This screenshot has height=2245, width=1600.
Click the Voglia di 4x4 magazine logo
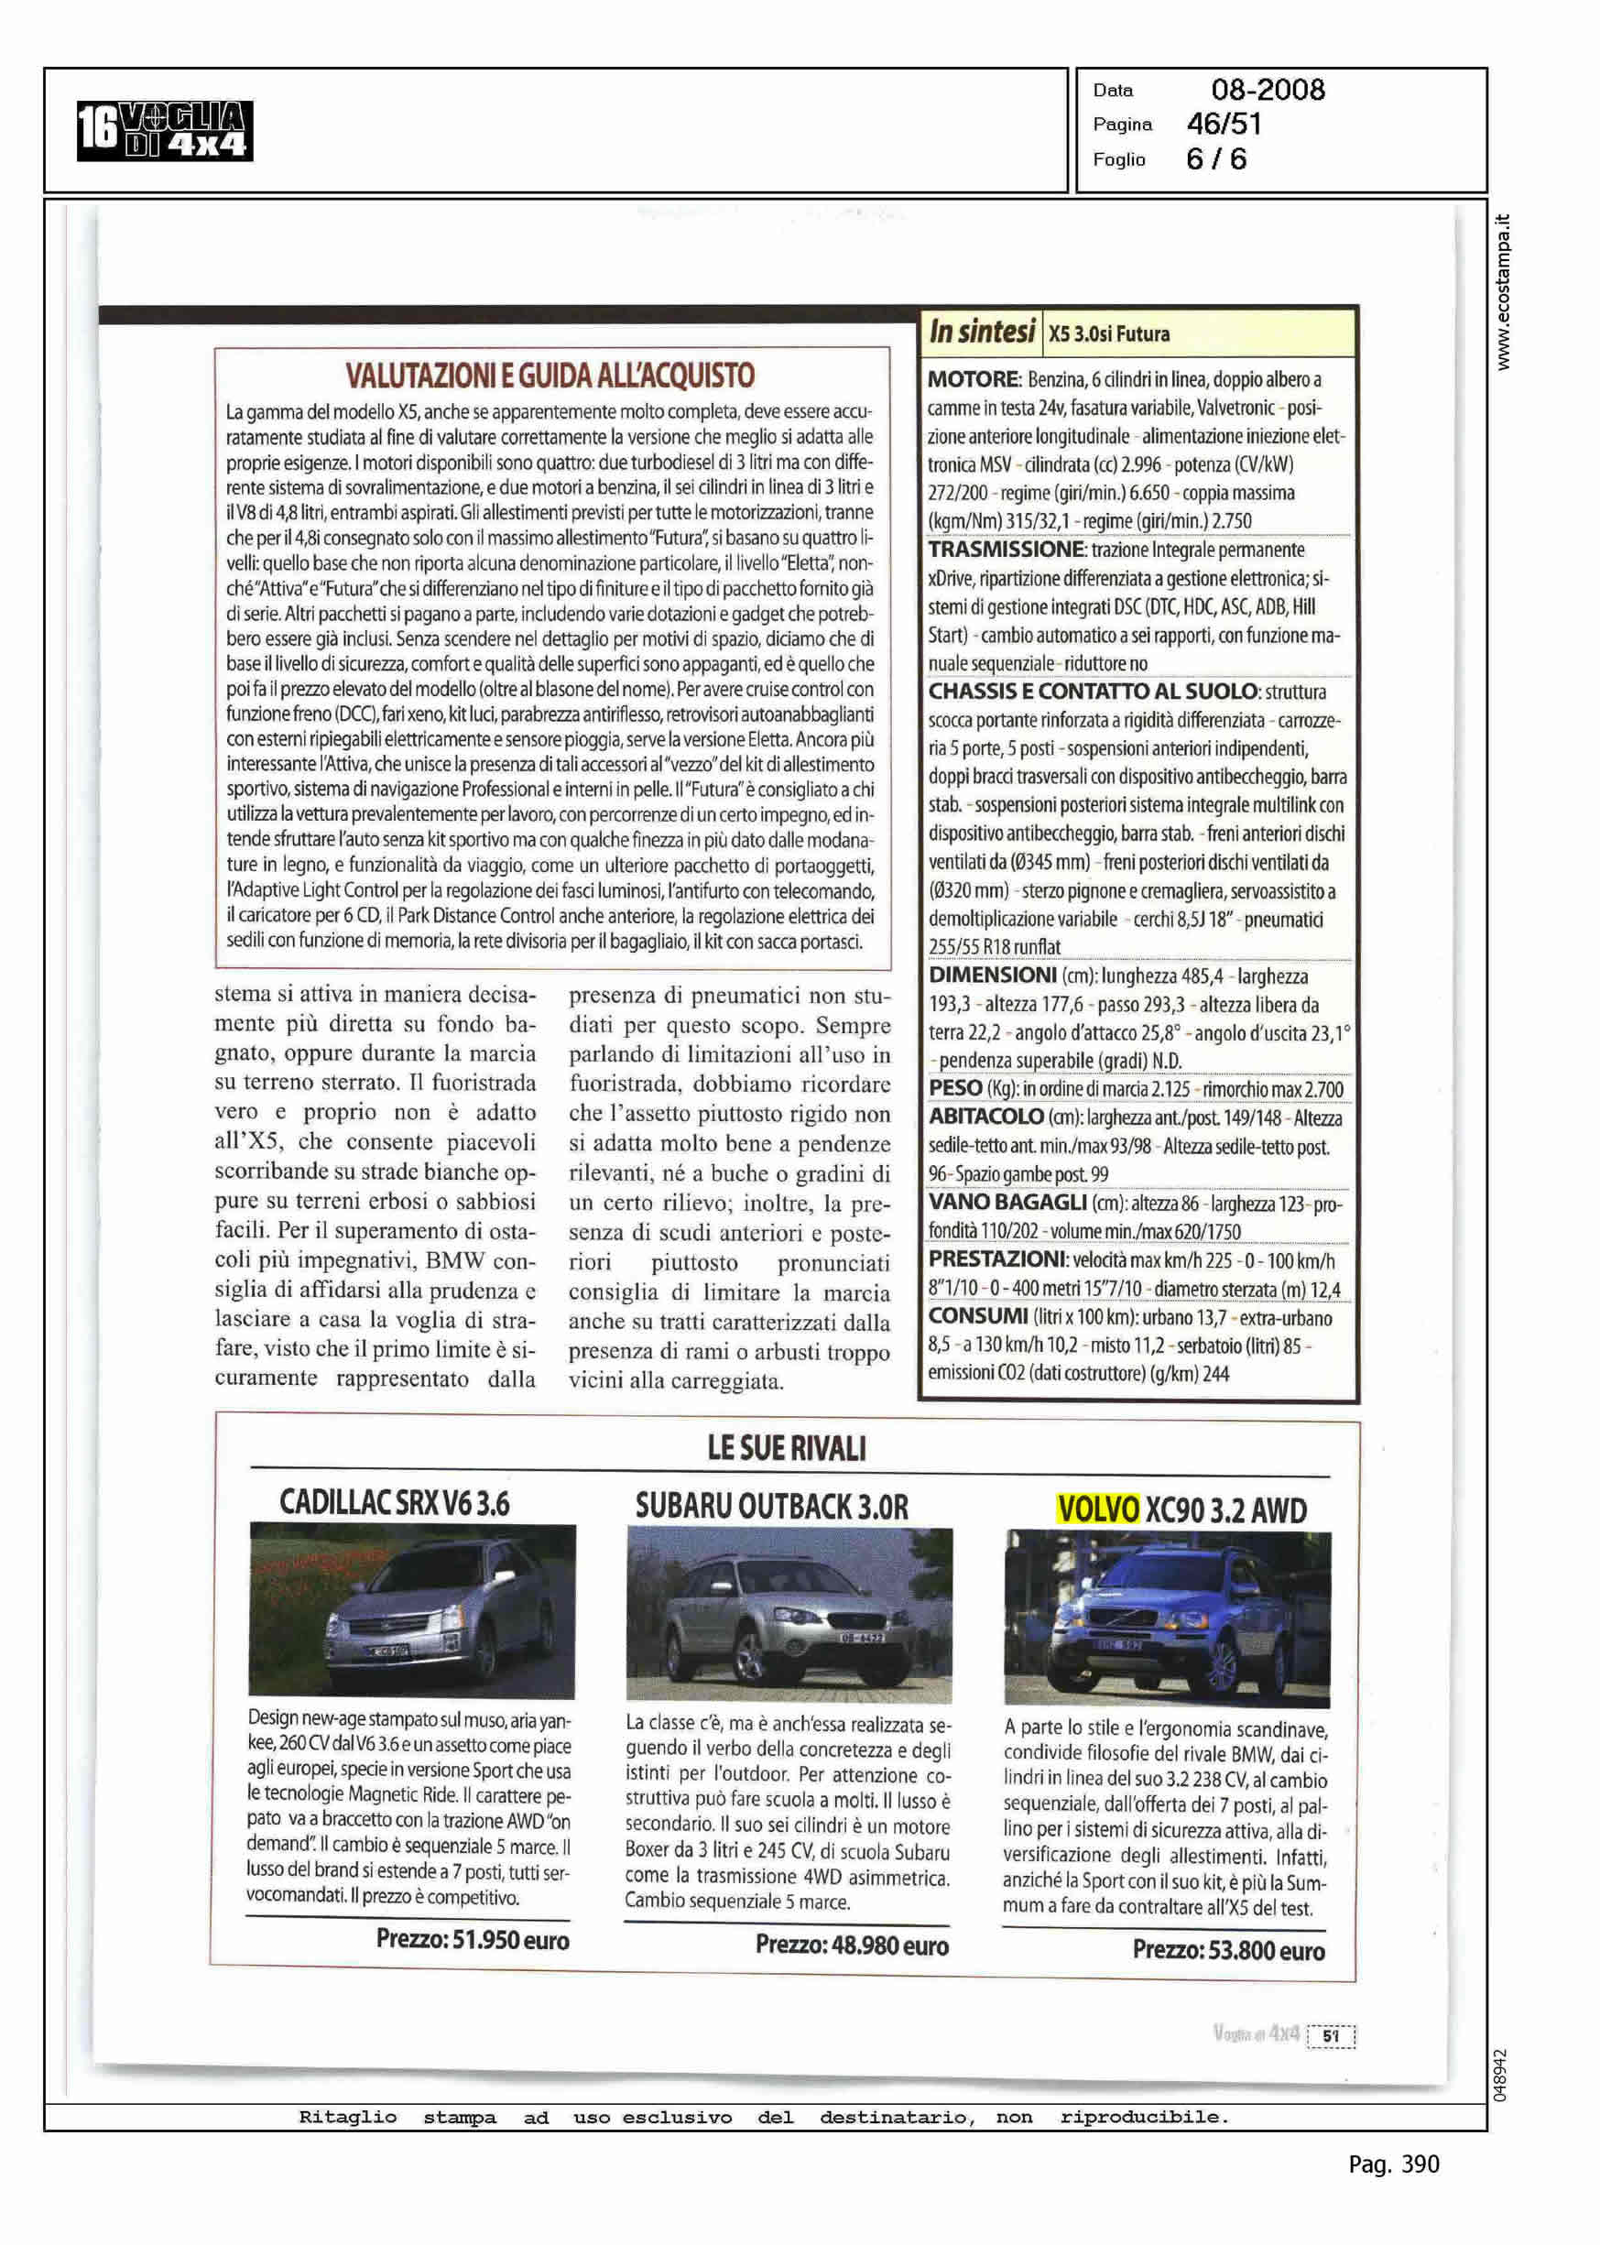pyautogui.click(x=165, y=131)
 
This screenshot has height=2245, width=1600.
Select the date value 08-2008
pyautogui.click(x=1267, y=91)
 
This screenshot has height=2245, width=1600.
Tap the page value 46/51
pyautogui.click(x=1224, y=125)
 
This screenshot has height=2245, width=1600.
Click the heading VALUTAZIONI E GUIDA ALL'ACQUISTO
pyautogui.click(x=550, y=376)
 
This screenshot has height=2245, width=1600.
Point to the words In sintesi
pyautogui.click(x=981, y=332)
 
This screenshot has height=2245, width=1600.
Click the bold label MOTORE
pyautogui.click(x=974, y=380)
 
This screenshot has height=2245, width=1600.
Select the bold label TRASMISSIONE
pyautogui.click(x=1005, y=550)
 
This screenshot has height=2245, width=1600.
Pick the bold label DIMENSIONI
pyautogui.click(x=992, y=976)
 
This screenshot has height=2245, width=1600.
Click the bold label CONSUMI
pyautogui.click(x=978, y=1317)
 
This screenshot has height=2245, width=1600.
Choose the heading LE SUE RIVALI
pyautogui.click(x=786, y=1449)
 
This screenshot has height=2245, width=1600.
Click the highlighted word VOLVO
pyautogui.click(x=1097, y=1510)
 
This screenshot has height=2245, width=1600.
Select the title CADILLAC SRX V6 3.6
pyautogui.click(x=394, y=1503)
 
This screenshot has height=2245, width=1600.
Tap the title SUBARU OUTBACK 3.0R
pyautogui.click(x=771, y=1507)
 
